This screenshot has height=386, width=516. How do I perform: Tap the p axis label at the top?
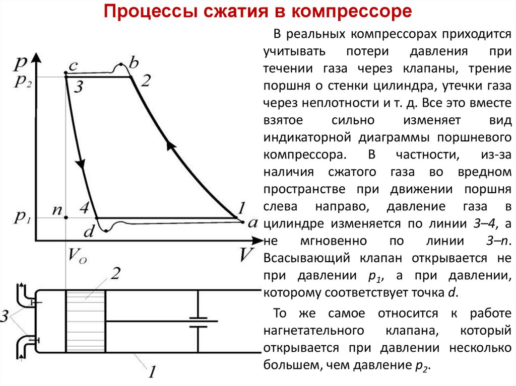tap(21, 62)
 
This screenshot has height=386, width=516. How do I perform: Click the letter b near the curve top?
tap(134, 63)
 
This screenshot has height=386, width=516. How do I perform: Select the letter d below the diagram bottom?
tap(89, 232)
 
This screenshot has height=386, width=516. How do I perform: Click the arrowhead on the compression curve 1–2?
tap(171, 145)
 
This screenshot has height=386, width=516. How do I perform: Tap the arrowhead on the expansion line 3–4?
tap(80, 164)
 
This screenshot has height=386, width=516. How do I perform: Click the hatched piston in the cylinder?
tap(85, 321)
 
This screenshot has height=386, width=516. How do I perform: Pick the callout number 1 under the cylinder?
tap(152, 372)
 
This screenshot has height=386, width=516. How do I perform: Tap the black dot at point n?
tap(66, 218)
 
